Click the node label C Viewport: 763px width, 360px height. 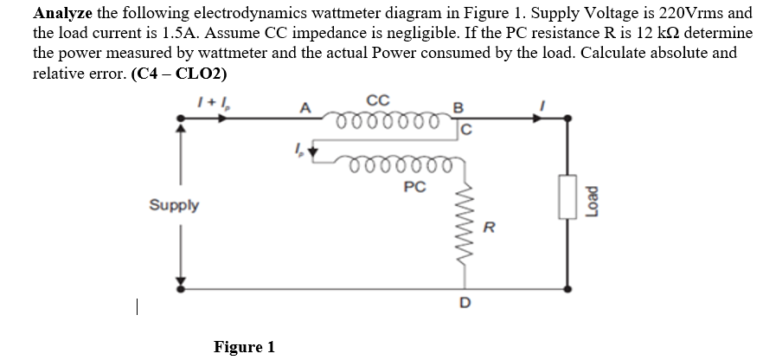465,132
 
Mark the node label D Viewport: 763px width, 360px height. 465,303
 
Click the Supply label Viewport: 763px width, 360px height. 174,206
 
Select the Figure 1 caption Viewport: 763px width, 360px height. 244,347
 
